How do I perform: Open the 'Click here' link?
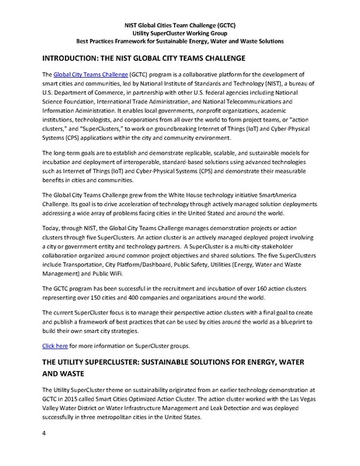click(x=55, y=344)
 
